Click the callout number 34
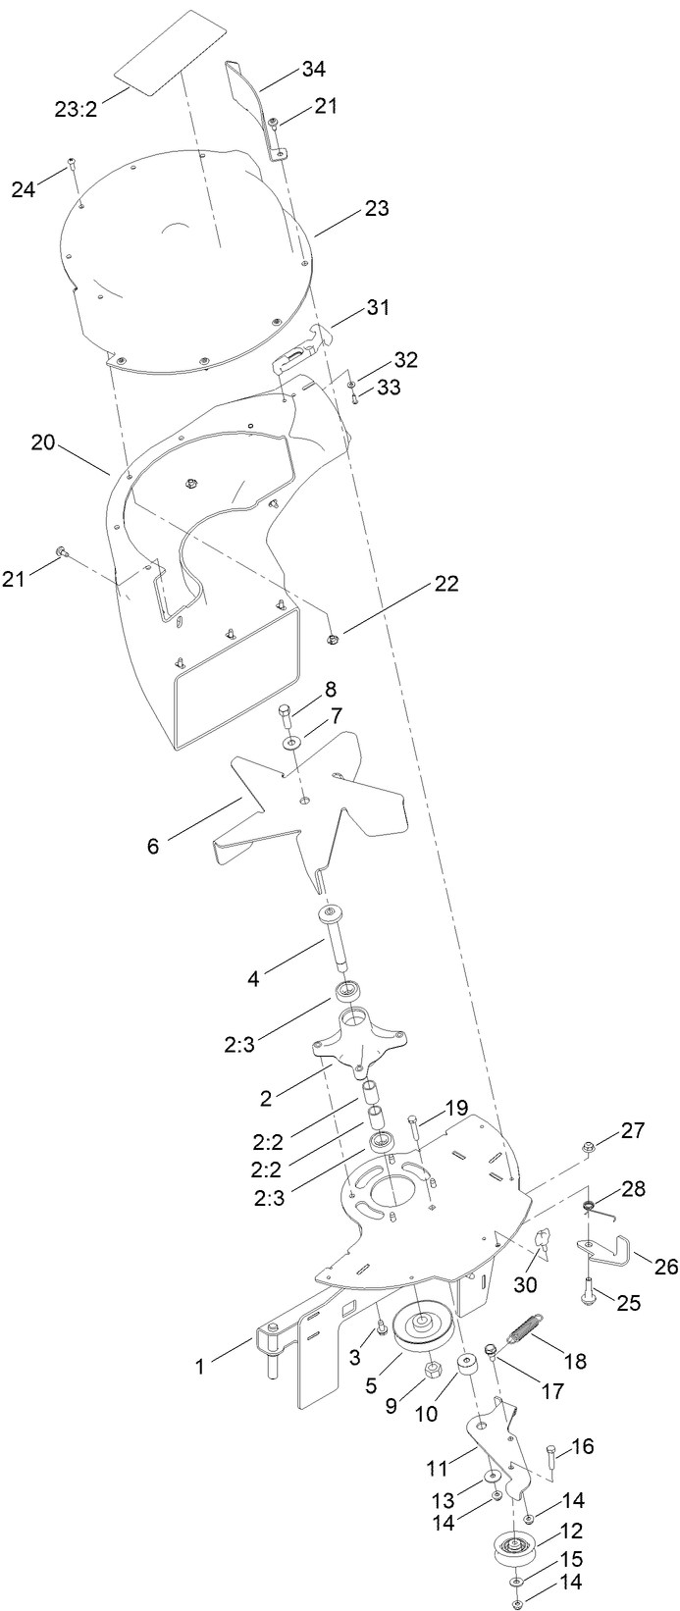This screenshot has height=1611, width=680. (314, 69)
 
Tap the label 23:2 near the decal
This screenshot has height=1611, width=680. (75, 108)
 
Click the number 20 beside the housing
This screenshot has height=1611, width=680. (42, 442)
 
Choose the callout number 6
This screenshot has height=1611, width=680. (153, 845)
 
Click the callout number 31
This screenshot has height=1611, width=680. (378, 307)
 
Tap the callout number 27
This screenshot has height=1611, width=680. (633, 1130)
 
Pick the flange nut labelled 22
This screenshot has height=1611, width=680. (333, 640)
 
